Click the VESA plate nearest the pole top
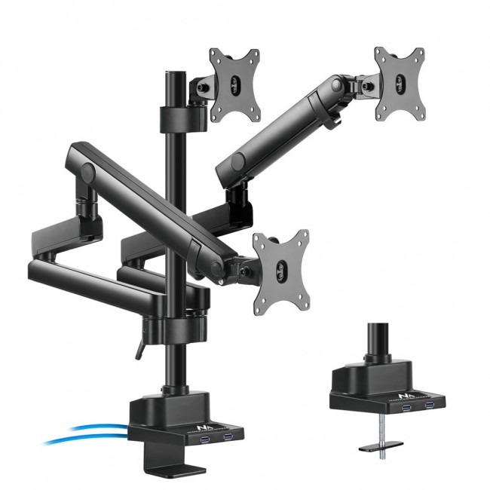coord(234,84)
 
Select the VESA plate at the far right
coord(400,83)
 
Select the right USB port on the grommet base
coord(430,406)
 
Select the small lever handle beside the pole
coord(138,350)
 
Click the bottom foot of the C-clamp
coord(177,470)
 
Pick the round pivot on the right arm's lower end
coord(238,161)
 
